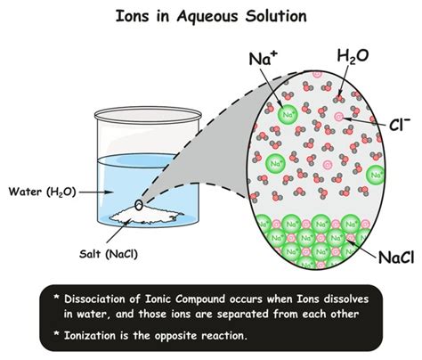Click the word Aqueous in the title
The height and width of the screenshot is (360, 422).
click(207, 17)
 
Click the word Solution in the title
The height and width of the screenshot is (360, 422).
click(276, 16)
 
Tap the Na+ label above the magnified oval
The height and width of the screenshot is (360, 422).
click(260, 59)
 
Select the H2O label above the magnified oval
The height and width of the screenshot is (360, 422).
click(353, 57)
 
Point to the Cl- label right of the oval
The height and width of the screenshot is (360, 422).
click(400, 124)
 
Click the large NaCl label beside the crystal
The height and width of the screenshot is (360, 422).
click(396, 257)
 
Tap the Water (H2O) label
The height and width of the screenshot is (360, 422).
click(42, 192)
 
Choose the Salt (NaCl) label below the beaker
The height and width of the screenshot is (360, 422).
click(109, 254)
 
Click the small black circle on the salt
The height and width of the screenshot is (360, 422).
click(139, 205)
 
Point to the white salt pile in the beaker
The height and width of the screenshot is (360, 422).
click(146, 216)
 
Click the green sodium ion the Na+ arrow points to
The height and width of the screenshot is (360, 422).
click(288, 115)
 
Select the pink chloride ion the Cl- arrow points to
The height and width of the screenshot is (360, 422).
click(339, 117)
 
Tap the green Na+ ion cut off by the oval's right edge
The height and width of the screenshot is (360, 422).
click(376, 175)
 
